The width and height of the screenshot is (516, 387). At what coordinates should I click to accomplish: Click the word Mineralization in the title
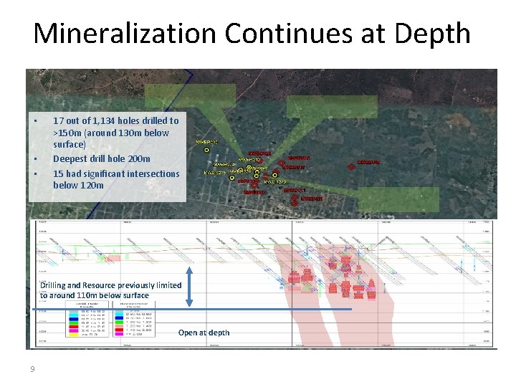click(x=123, y=34)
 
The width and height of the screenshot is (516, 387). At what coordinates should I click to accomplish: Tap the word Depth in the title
click(x=432, y=34)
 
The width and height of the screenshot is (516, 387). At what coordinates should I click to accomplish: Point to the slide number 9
click(x=32, y=369)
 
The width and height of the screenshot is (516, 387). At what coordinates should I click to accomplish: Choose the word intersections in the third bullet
click(x=152, y=173)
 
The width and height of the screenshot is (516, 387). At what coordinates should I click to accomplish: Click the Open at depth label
click(x=204, y=333)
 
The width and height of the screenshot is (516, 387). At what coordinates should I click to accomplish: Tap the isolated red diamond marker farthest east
click(x=350, y=166)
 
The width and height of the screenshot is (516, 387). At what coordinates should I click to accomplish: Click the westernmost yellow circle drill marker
click(x=206, y=150)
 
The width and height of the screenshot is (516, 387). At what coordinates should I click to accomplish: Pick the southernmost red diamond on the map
click(x=295, y=203)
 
